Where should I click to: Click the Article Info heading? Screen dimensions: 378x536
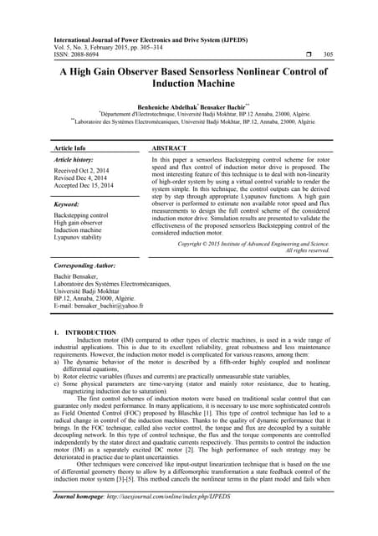click(76, 147)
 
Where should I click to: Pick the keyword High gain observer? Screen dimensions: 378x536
click(84, 223)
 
